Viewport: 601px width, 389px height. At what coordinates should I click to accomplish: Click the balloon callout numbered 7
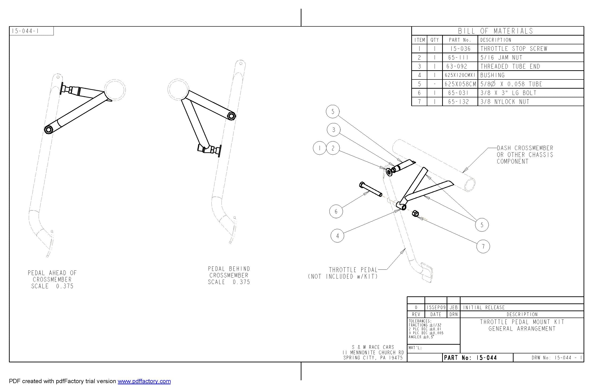point(483,246)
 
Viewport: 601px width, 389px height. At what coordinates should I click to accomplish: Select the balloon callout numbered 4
point(337,236)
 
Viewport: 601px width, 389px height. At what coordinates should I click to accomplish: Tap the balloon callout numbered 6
point(336,211)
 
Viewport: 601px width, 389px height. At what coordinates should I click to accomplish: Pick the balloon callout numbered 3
point(333,130)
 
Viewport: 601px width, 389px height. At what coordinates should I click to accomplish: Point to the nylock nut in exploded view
point(415,214)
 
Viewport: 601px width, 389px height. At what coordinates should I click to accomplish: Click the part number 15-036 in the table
point(460,49)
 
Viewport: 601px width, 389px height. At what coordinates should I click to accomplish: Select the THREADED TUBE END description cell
point(510,66)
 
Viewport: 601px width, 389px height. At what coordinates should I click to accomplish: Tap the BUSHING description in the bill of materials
point(492,75)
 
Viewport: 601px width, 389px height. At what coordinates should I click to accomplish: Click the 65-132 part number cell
point(458,102)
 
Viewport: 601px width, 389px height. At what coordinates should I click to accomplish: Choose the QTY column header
point(435,40)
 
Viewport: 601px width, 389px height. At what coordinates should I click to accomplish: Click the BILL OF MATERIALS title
point(495,31)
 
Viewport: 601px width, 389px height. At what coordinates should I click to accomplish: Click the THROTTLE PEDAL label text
point(353,270)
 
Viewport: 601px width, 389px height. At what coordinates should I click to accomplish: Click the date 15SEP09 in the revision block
point(436,307)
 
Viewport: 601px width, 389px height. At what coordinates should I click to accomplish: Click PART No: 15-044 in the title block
point(470,358)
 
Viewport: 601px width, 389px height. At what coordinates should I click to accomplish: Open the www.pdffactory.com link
point(144,381)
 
